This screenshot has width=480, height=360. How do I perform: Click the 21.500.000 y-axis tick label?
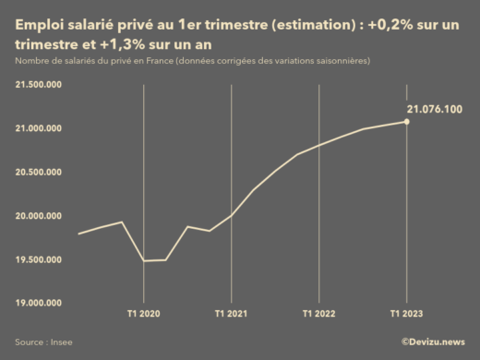click(38, 85)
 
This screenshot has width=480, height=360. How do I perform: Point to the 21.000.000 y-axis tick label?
click(38, 128)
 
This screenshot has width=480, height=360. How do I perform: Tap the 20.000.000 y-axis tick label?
click(38, 216)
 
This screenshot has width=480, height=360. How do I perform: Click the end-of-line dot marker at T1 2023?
click(407, 121)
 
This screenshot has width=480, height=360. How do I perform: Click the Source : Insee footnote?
click(43, 342)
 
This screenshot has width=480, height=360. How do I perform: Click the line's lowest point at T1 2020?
click(144, 261)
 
